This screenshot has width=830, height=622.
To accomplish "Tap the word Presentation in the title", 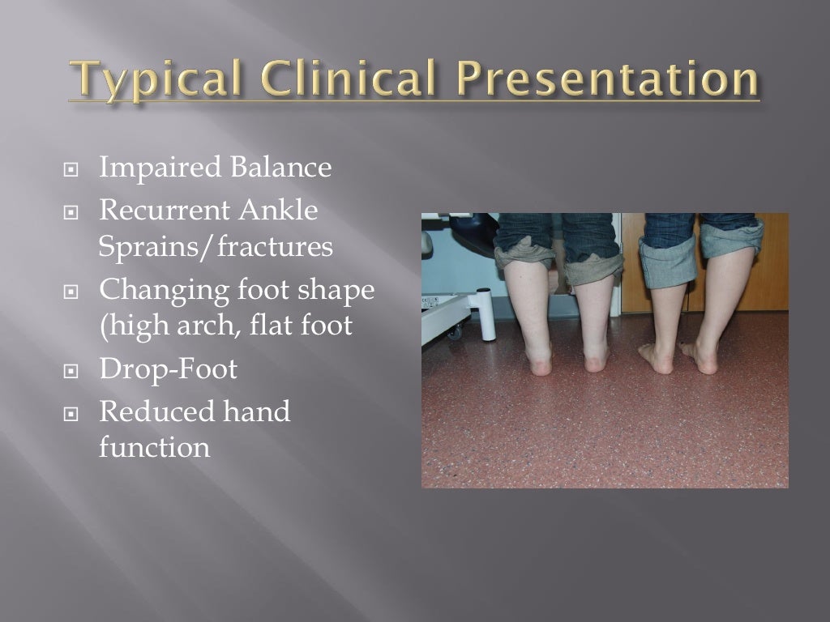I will point(610,82).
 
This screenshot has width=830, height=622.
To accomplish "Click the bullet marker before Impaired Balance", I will point(73,171).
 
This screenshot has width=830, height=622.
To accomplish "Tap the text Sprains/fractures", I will point(216,247).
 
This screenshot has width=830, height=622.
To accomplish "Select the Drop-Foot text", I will point(168,369).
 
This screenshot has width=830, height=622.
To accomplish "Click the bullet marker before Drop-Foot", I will point(73,372).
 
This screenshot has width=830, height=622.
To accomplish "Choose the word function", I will point(154,447).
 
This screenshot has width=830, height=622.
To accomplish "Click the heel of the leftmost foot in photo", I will point(541,362).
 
